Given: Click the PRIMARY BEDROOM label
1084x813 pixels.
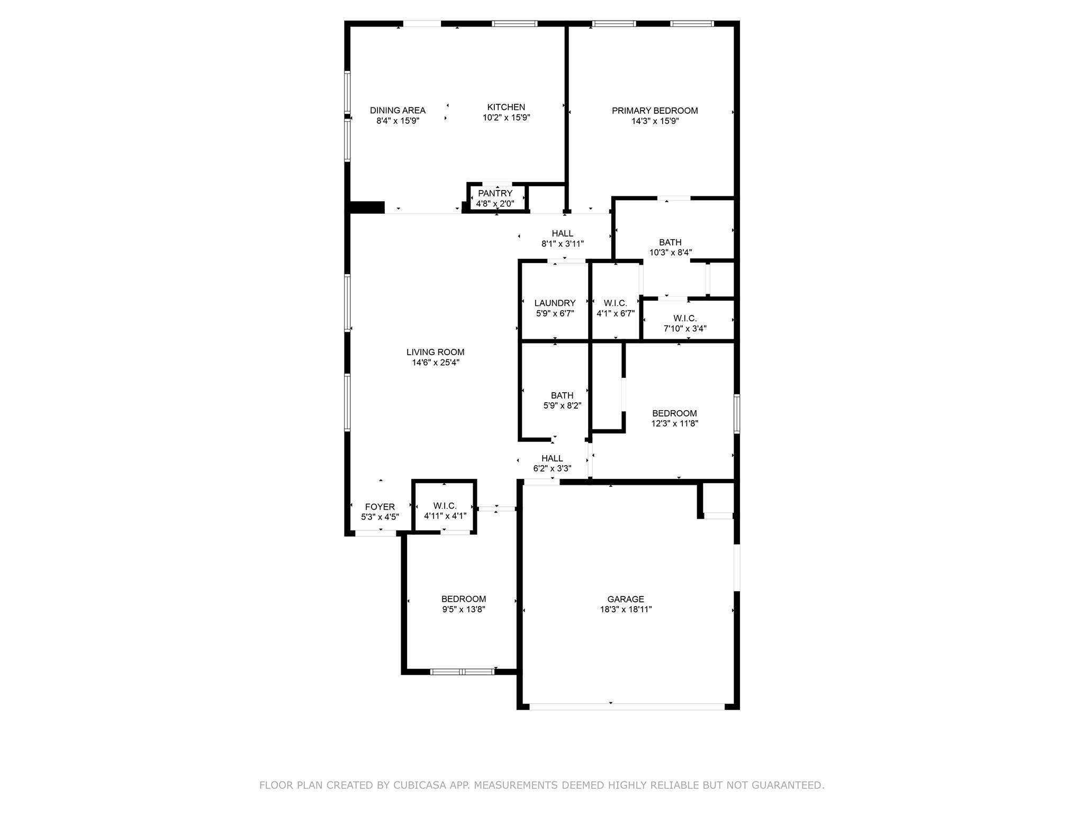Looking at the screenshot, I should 655,111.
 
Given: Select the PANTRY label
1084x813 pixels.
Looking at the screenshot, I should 495,193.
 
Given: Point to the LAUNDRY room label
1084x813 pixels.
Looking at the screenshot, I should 555,303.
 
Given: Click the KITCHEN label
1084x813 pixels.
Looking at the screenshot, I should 506,107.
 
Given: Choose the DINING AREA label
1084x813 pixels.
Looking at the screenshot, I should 398,111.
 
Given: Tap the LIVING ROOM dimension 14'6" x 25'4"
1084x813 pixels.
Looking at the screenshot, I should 436,363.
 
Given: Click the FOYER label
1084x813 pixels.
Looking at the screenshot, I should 380,507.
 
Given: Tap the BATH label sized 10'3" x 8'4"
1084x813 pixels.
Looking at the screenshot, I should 670,242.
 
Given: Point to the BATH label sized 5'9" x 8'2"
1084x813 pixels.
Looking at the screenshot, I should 562,395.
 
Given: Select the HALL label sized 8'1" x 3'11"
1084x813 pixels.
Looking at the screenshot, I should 562,233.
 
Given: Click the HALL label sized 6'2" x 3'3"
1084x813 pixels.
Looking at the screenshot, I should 552,458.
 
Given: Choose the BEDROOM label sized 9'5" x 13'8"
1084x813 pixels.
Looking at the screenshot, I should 464,599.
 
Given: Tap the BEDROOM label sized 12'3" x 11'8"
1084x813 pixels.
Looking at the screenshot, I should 674,413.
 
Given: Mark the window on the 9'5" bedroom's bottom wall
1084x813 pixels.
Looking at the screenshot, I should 462,672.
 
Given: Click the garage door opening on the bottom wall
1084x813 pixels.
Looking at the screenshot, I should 627,707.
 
